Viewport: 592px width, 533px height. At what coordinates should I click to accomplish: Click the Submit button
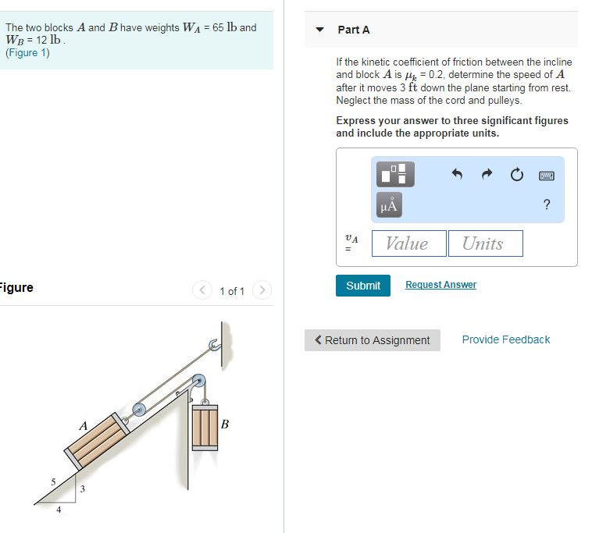coord(363,286)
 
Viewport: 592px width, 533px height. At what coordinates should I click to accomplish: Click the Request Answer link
coord(440,285)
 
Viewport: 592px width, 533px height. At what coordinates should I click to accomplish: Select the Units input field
coord(485,243)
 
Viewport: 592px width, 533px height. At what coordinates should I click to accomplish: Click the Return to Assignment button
coord(373,340)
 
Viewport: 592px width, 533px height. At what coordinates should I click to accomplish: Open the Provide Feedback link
coord(505,339)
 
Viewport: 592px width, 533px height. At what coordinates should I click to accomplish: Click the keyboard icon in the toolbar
coord(547,176)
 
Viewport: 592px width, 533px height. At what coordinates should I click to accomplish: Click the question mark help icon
coord(547,205)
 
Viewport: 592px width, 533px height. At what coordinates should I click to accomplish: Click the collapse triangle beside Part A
coord(319,30)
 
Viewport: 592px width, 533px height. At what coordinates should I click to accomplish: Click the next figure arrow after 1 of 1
coord(262,291)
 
